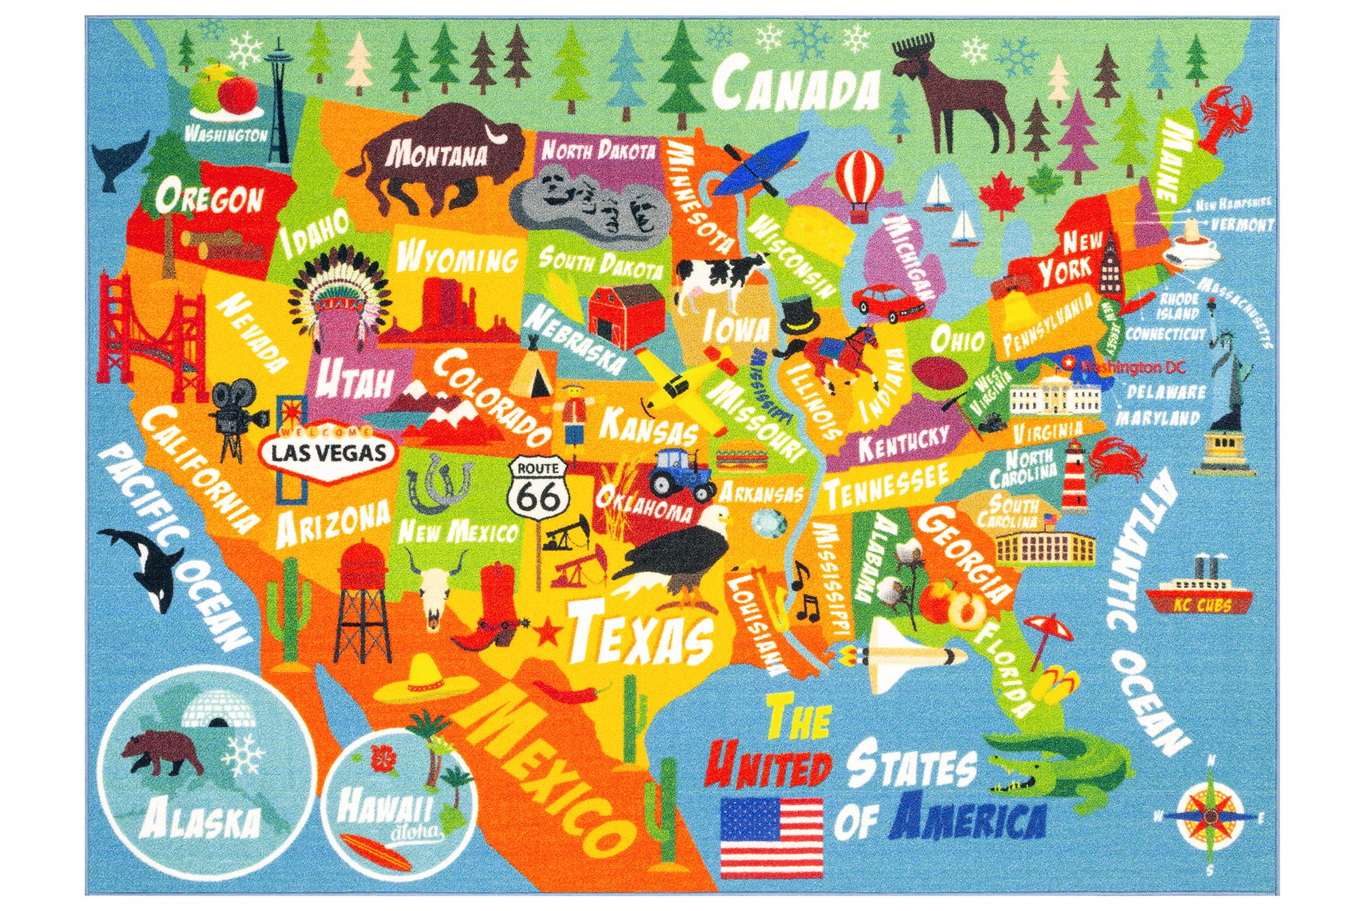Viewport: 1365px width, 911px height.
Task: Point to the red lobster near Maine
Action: tap(1225, 116)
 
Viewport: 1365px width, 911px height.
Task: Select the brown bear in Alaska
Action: tap(161, 752)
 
